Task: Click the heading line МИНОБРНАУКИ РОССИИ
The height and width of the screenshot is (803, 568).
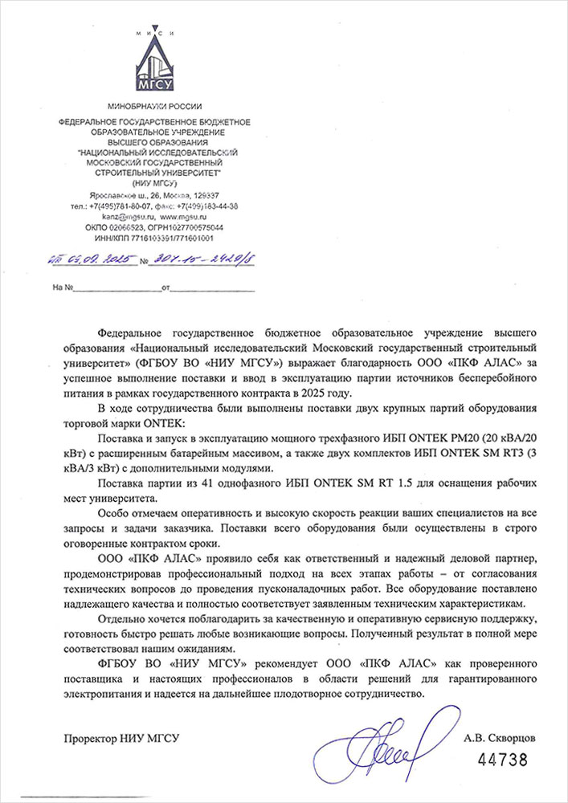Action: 155,107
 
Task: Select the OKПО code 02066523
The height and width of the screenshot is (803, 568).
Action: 121,227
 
